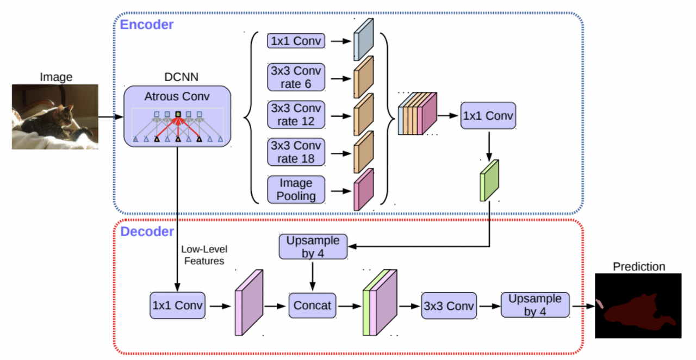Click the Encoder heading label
147,24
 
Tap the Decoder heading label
147,232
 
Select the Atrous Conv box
177,116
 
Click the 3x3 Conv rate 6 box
296,77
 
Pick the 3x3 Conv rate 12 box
296,115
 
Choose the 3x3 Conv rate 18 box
296,152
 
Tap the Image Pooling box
296,190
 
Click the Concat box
312,305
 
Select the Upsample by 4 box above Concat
313,247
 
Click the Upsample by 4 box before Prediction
535,305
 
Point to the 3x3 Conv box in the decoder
449,306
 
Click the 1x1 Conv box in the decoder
177,305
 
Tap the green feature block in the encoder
489,181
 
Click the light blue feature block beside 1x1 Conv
364,40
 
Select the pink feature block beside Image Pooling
364,190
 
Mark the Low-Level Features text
204,255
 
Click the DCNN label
181,77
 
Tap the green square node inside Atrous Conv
178,114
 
